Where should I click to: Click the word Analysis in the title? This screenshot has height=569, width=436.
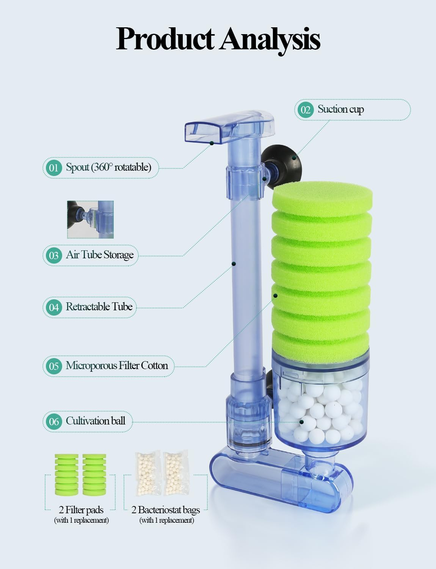click(x=270, y=39)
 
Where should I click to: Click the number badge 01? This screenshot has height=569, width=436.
click(x=53, y=167)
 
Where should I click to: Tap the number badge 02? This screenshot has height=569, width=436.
click(x=306, y=110)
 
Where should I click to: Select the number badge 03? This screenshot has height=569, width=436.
click(x=53, y=255)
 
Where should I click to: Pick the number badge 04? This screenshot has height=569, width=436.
click(x=53, y=307)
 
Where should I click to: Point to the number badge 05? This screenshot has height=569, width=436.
click(x=53, y=366)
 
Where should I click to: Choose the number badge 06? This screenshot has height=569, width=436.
click(x=53, y=421)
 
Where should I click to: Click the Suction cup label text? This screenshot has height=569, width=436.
click(x=340, y=109)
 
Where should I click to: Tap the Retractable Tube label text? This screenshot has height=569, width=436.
click(x=99, y=307)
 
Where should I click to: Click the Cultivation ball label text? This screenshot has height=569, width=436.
click(x=95, y=421)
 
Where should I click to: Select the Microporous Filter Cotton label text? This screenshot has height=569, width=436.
click(x=117, y=366)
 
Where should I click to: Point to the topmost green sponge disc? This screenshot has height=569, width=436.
click(x=322, y=195)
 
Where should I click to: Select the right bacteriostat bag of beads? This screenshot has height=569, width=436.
click(x=176, y=475)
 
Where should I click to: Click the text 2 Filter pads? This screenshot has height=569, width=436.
click(x=81, y=510)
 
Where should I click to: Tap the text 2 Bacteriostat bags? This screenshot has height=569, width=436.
click(x=166, y=510)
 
